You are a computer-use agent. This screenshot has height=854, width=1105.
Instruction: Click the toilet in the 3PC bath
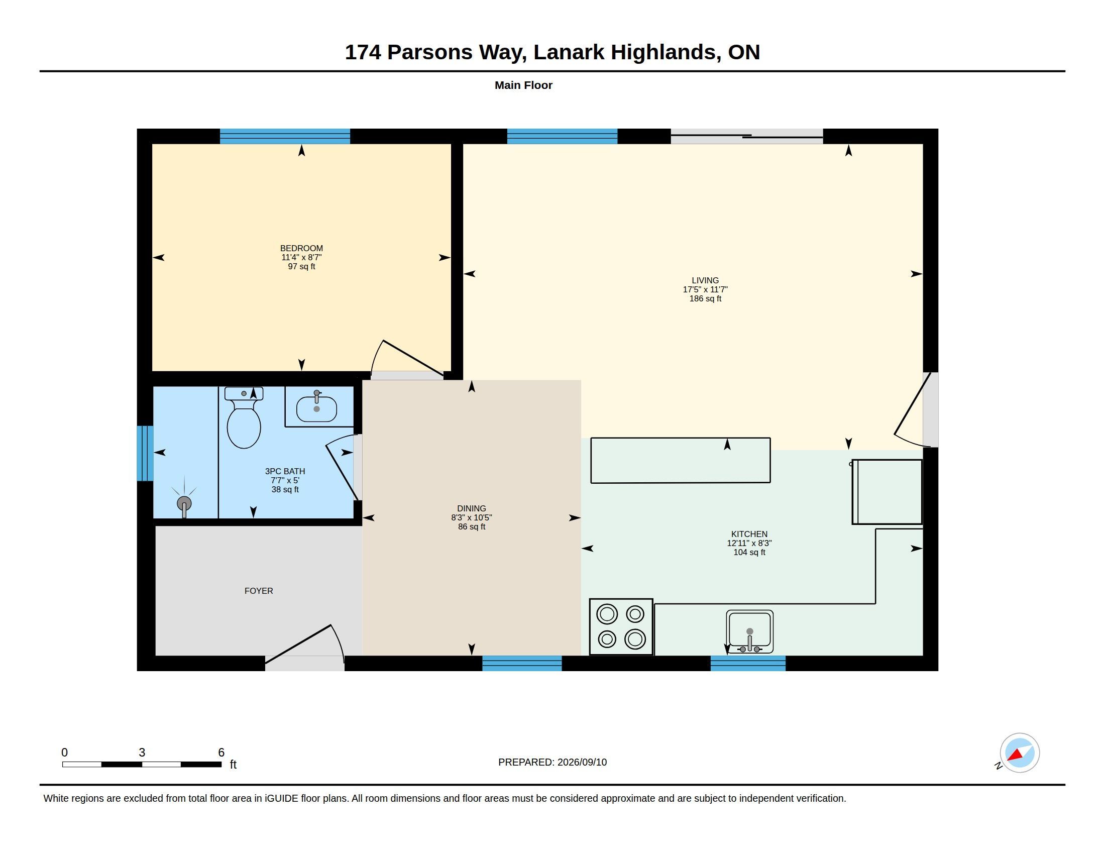pyautogui.click(x=244, y=417)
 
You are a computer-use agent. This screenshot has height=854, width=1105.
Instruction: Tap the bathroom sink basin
pyautogui.click(x=316, y=409)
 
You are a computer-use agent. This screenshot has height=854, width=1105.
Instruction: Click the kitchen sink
pyautogui.click(x=749, y=631)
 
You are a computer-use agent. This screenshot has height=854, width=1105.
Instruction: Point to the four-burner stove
pyautogui.click(x=621, y=627)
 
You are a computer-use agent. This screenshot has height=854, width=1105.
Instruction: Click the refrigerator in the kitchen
pyautogui.click(x=887, y=492)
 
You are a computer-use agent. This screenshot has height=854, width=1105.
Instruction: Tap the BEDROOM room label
pyautogui.click(x=301, y=248)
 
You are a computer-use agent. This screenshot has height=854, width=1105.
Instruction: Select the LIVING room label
pyautogui.click(x=705, y=280)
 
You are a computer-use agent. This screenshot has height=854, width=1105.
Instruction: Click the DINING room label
pyautogui.click(x=472, y=508)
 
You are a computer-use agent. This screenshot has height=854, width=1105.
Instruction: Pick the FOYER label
pyautogui.click(x=259, y=591)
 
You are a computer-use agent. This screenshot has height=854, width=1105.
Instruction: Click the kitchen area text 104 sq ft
pyautogui.click(x=749, y=553)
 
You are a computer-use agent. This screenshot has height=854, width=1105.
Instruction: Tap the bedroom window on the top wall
pyautogui.click(x=285, y=136)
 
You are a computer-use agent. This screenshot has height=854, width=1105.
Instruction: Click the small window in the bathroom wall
pyautogui.click(x=145, y=453)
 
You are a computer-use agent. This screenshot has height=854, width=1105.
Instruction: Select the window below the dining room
pyautogui.click(x=522, y=663)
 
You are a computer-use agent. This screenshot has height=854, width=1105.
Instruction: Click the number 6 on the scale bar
pyautogui.click(x=221, y=753)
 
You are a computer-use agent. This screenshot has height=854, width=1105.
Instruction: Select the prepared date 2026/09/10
pyautogui.click(x=582, y=762)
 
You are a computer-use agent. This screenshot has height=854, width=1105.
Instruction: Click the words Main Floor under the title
pyautogui.click(x=523, y=85)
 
